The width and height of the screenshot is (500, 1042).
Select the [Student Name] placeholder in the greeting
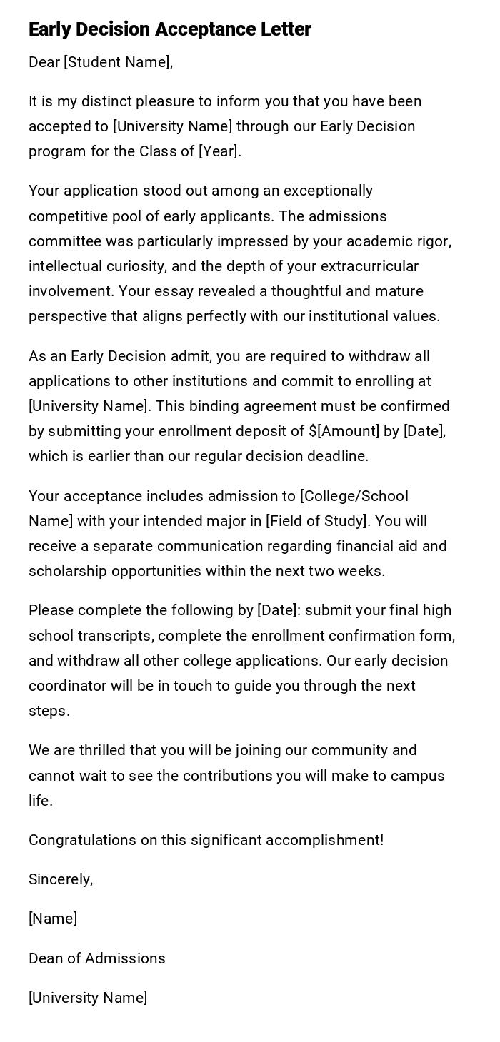[x=117, y=62]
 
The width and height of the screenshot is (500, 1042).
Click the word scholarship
[x=68, y=571]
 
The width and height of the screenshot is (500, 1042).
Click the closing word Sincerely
[x=60, y=879]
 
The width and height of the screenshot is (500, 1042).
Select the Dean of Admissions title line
[x=97, y=958]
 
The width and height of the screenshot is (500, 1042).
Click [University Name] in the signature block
[x=88, y=998]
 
